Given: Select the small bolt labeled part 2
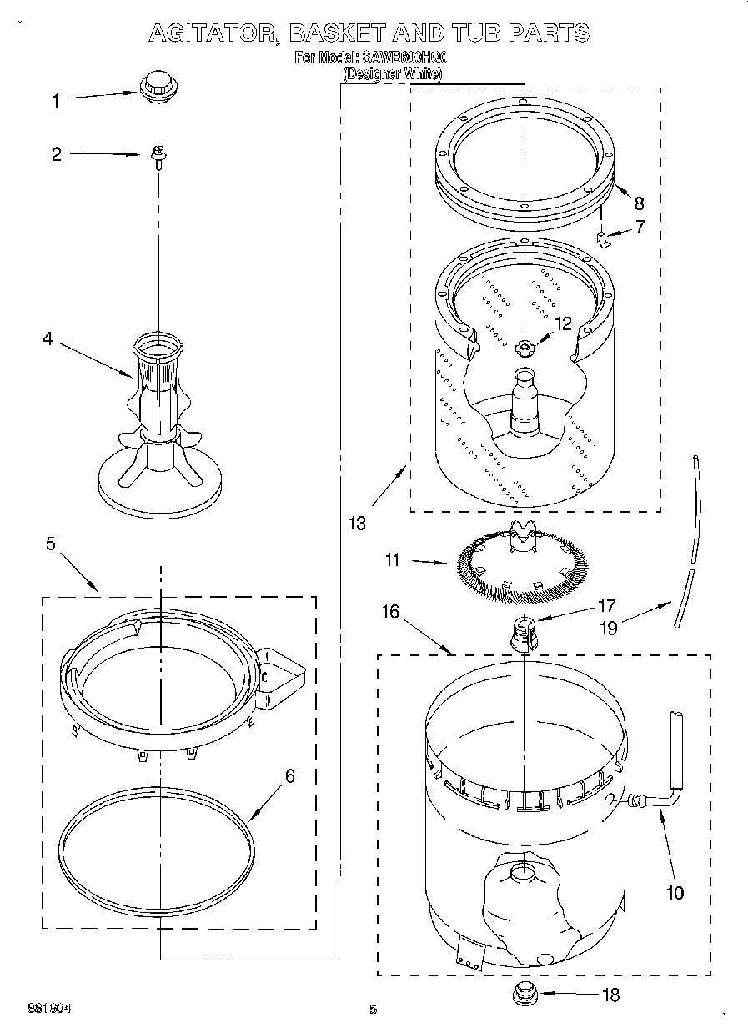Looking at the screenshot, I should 156,155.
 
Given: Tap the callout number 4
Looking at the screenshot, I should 48,339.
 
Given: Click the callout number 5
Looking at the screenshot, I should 51,544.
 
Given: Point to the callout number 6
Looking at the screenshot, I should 289,775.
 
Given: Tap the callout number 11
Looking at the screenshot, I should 393,561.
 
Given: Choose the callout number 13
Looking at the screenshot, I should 358,523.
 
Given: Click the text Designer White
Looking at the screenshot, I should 393,74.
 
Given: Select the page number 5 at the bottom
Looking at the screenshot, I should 373,1010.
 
